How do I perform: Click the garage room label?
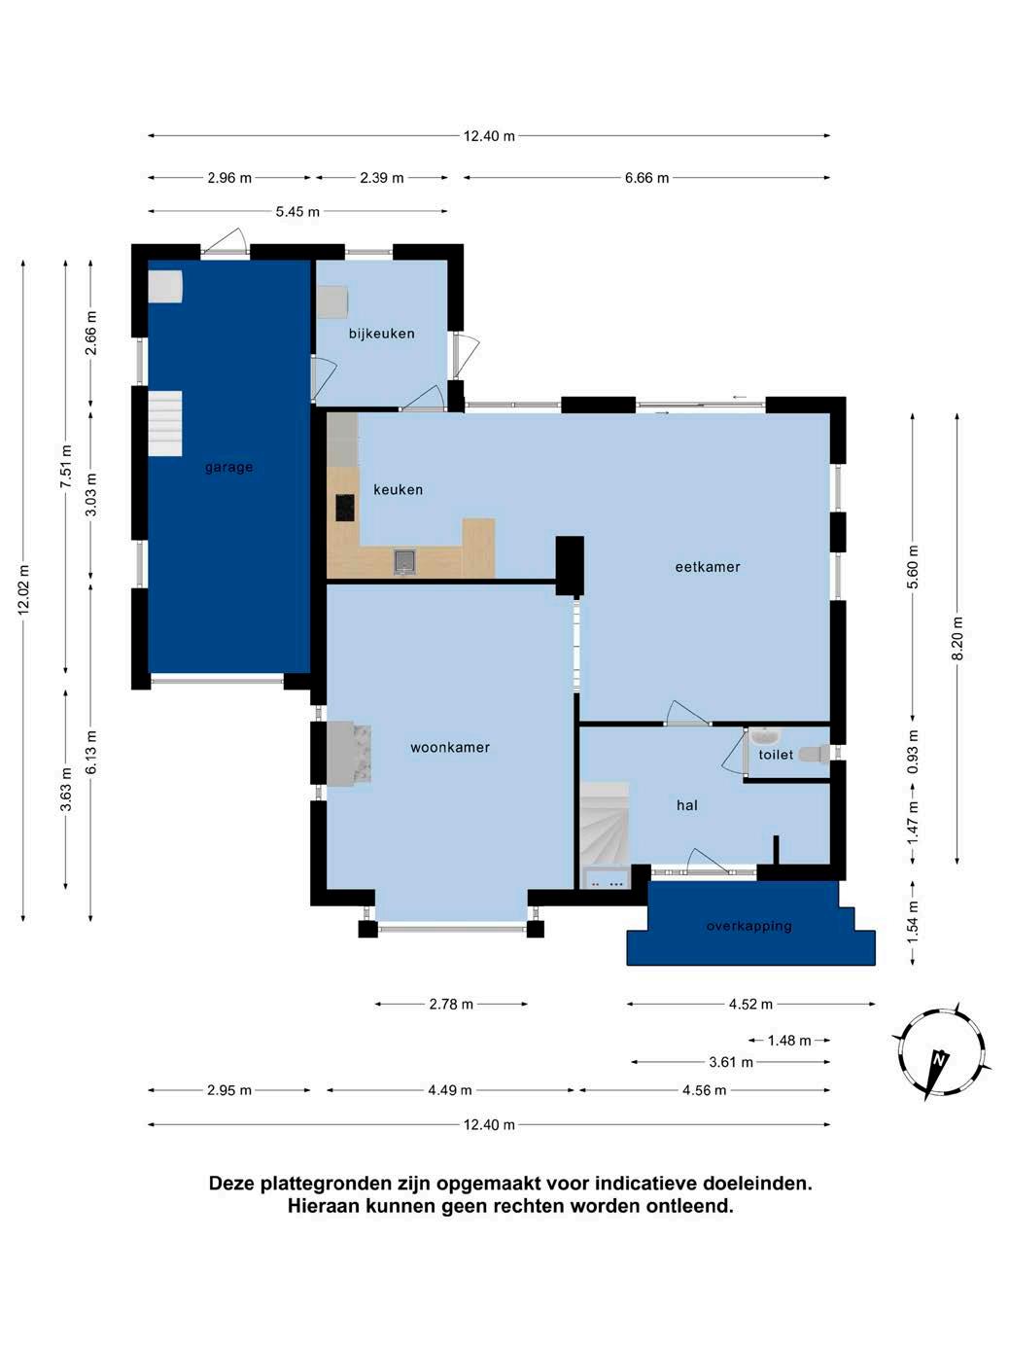228,467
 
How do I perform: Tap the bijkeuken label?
382,334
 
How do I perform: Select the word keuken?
399,489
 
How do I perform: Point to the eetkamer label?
708,567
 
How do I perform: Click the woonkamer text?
450,747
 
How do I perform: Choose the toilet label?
776,755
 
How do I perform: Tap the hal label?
686,805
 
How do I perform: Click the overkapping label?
748,925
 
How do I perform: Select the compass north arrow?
936,1068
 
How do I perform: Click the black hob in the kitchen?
345,507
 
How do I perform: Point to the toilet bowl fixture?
815,753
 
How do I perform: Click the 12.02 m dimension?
23,588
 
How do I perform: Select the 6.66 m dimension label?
646,178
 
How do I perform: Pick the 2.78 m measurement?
451,1004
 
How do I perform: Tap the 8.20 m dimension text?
957,638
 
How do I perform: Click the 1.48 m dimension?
789,1040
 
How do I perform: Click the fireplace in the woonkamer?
348,754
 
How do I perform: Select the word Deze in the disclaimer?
232,1183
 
